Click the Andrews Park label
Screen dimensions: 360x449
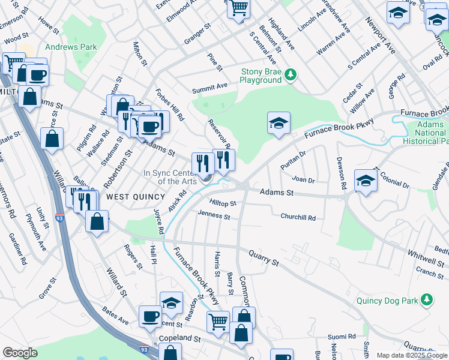[x=70, y=46]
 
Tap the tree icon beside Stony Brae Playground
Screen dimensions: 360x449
[x=291, y=74]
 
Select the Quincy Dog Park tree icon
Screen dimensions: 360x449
[x=426, y=299]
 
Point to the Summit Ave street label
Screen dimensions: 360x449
[x=209, y=88]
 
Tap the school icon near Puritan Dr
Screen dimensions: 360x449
[x=279, y=124]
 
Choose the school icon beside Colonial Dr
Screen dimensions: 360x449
[x=366, y=179]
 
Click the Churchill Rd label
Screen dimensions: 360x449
[x=298, y=217]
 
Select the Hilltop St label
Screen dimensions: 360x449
[x=222, y=203]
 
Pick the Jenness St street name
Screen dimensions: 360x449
[x=214, y=214]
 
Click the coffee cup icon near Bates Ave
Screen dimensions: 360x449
[x=150, y=316]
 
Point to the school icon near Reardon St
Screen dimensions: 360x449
[x=171, y=302]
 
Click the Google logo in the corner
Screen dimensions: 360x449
[x=20, y=353]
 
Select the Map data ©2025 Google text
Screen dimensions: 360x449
[x=412, y=355]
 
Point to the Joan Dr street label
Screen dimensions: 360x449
[x=303, y=179]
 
